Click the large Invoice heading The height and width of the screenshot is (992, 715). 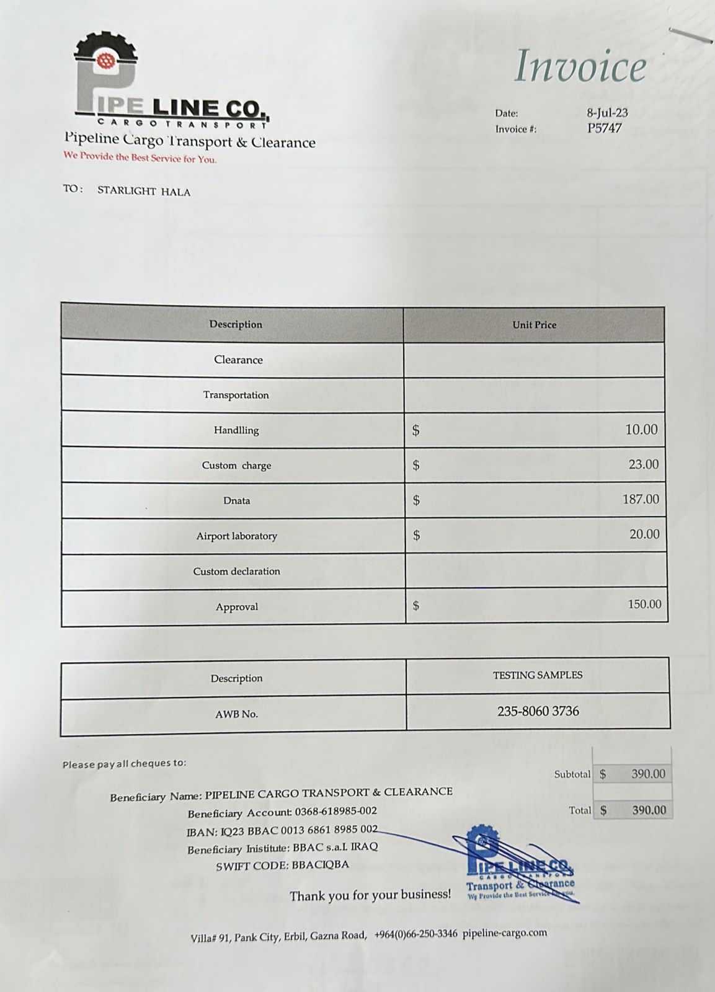pyautogui.click(x=580, y=66)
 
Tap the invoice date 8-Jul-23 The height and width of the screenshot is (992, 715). pyautogui.click(x=607, y=113)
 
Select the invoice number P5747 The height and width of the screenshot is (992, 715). pyautogui.click(x=605, y=128)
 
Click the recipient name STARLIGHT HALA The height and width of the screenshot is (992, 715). pyautogui.click(x=144, y=192)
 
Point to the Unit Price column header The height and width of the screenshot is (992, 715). pyautogui.click(x=534, y=325)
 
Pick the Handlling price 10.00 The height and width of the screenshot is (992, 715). pyautogui.click(x=641, y=430)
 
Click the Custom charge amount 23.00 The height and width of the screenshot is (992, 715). pyautogui.click(x=643, y=464)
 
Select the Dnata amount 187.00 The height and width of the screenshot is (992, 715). pyautogui.click(x=641, y=499)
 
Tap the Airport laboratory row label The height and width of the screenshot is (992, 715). pyautogui.click(x=236, y=536)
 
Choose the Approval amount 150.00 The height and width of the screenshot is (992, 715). pyautogui.click(x=644, y=604)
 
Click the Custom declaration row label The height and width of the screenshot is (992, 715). pyautogui.click(x=236, y=571)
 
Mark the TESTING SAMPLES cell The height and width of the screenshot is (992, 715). pyautogui.click(x=538, y=675)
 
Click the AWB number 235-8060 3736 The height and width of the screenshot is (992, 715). pyautogui.click(x=538, y=711)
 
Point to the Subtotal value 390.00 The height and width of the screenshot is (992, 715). pyautogui.click(x=648, y=774)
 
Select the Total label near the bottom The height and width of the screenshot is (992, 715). pyautogui.click(x=580, y=810)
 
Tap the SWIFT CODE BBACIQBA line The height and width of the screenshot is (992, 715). pyautogui.click(x=282, y=865)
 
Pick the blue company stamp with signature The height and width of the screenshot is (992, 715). pyautogui.click(x=520, y=865)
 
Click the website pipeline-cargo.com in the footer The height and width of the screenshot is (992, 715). pyautogui.click(x=505, y=932)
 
